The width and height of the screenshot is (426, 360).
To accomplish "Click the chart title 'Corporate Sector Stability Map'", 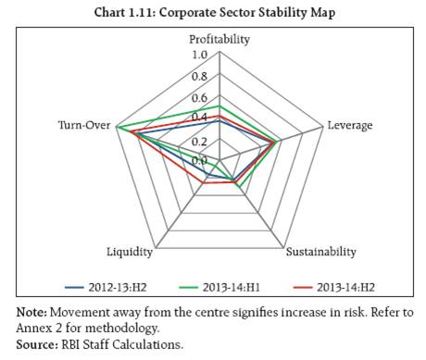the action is click(247, 13).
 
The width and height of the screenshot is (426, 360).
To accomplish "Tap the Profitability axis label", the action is click(219, 40).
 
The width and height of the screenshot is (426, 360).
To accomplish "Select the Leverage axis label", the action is click(350, 125).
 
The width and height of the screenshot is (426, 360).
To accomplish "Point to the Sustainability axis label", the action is click(321, 252).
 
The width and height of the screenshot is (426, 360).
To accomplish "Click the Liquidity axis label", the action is click(130, 252).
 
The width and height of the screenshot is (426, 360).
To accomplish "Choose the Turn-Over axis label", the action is click(84, 125).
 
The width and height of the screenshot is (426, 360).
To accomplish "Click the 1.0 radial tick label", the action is click(200, 55).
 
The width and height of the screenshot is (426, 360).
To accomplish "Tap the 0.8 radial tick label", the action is click(199, 77).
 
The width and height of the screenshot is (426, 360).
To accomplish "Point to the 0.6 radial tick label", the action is click(199, 98).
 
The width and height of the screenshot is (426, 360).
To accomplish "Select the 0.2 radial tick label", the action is click(199, 142).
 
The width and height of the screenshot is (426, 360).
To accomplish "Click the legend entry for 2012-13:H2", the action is click(106, 287).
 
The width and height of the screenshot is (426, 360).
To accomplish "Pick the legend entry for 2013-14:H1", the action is click(220, 287).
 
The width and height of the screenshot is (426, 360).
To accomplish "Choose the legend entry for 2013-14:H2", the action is click(334, 287).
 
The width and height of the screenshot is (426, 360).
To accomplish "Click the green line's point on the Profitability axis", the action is click(219, 106).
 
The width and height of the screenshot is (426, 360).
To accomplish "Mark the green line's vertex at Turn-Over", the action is click(117, 127).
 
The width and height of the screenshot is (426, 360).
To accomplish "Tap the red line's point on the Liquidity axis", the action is click(204, 183).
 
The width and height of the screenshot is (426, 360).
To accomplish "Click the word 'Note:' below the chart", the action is click(31, 312).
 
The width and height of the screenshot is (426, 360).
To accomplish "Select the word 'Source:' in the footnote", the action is click(37, 344).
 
